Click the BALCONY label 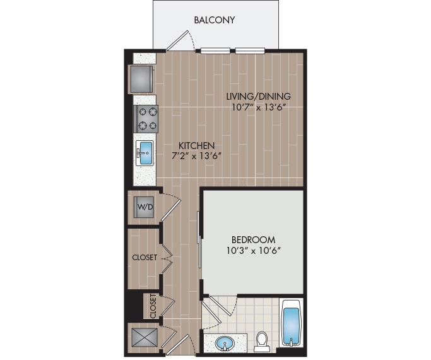coord(215,20)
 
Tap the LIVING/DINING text coord(259,96)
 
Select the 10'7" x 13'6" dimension coord(259,107)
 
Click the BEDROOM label coord(253,239)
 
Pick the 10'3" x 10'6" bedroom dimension coord(253,251)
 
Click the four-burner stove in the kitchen coord(146,118)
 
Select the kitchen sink coord(145,152)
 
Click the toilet coord(263,342)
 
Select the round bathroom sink coord(223,344)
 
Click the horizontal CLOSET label coord(145,258)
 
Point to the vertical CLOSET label coord(153,308)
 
